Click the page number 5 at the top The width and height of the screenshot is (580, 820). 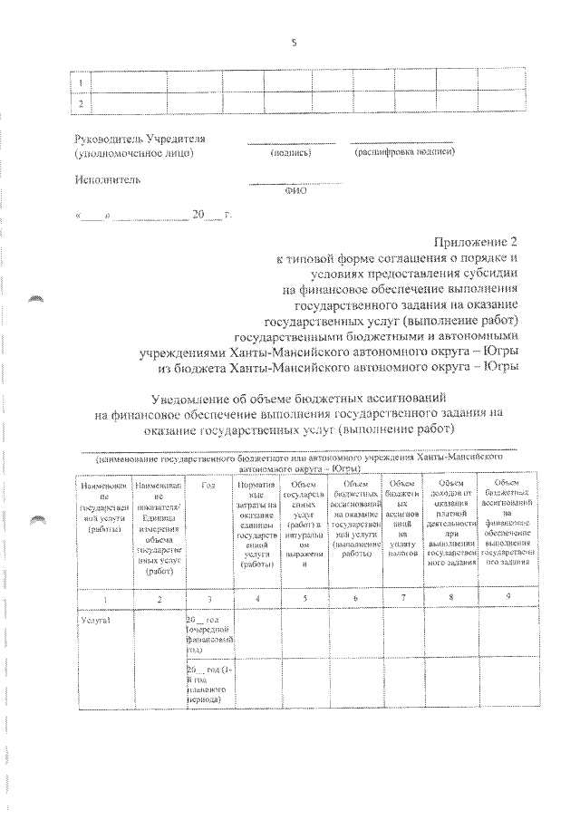295,43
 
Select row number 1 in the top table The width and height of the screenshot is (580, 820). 82,82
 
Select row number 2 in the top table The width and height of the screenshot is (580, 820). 82,103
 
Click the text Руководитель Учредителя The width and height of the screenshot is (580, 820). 140,139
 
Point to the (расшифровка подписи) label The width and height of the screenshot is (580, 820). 404,152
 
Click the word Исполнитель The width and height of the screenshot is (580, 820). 108,179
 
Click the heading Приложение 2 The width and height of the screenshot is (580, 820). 478,242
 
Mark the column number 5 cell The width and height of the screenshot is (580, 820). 305,595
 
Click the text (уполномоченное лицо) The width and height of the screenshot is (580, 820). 133,153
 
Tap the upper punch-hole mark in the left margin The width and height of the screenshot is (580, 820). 37,297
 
